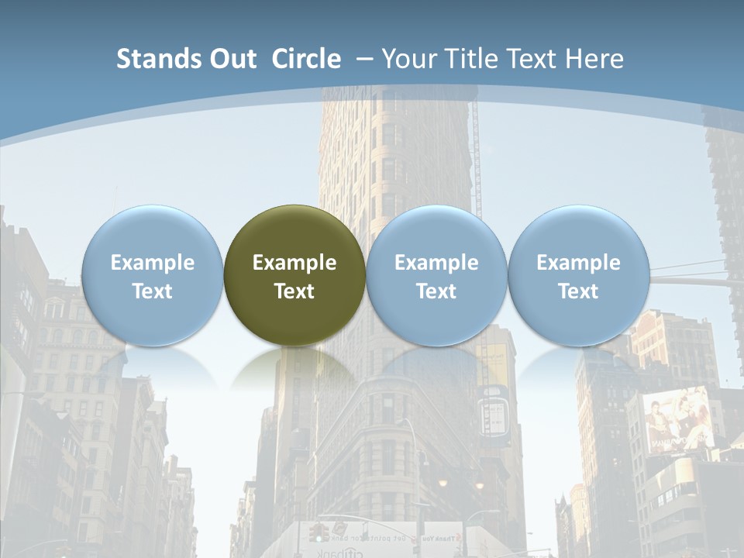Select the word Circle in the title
pos(306,59)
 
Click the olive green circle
pos(294,275)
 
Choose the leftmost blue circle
pos(152,275)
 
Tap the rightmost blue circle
pos(578,275)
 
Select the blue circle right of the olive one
pos(436,275)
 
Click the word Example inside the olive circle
pos(294,263)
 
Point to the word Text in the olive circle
pos(294,291)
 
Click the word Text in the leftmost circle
pos(152,291)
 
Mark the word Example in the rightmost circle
pos(578,263)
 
